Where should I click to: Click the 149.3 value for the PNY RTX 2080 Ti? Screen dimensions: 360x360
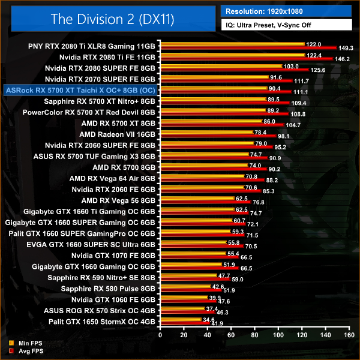click(x=349, y=47)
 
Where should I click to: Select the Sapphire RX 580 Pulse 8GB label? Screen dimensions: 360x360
click(x=109, y=289)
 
